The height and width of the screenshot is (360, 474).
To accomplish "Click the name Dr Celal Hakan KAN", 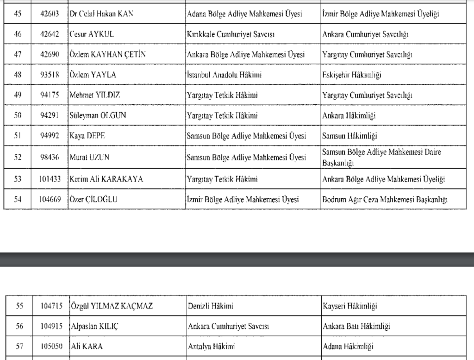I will click(101, 14).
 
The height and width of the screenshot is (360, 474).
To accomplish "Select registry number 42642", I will click(50, 34).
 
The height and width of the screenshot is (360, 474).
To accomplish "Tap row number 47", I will click(18, 55).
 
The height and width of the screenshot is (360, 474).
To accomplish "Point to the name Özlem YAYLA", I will click(93, 75).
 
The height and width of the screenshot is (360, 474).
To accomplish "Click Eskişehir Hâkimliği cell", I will click(352, 75).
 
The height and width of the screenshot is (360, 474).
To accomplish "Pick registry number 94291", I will click(50, 116).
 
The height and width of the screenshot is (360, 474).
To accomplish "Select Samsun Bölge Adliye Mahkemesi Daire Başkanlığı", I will click(381, 158).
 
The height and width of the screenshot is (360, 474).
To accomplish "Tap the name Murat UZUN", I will click(89, 158).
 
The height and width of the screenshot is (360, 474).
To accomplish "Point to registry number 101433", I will click(50, 179).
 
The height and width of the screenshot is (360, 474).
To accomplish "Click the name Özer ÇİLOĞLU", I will click(94, 200).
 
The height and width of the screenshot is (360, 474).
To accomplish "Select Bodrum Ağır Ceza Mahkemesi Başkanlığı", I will click(385, 200).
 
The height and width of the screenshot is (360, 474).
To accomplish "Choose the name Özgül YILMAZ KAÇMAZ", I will click(111, 306).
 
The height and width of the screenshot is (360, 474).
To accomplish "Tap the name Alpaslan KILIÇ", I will click(94, 326).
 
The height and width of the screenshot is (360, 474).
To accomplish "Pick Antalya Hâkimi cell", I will click(212, 347).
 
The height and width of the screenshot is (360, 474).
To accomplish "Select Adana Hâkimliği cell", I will click(348, 347).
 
